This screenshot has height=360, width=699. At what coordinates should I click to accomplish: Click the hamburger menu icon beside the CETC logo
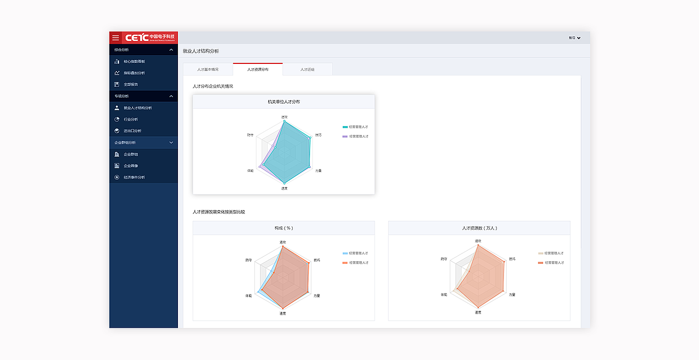pos(115,38)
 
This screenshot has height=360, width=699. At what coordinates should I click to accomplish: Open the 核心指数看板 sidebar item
pos(134,61)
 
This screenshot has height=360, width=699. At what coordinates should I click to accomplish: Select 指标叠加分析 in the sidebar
pos(134,73)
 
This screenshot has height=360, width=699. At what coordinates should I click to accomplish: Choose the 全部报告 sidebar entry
pos(131,84)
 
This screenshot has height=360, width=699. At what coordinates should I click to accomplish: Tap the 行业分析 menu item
pos(131,119)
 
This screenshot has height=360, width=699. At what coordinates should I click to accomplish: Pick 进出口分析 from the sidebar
pos(132,131)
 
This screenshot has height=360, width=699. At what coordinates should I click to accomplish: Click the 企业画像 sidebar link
pos(131,166)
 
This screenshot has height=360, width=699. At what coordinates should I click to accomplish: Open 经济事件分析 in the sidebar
pos(134,177)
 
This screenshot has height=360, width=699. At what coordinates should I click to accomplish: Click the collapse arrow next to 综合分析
pos(171,50)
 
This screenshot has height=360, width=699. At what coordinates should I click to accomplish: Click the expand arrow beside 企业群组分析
pos(171,143)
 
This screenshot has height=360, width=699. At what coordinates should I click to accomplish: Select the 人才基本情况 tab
pos(208,69)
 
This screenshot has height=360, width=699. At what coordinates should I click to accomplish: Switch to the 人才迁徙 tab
pos(307,69)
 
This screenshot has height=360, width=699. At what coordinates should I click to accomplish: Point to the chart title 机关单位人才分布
pos(283,102)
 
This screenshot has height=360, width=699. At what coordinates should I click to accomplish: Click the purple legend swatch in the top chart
pos(345,136)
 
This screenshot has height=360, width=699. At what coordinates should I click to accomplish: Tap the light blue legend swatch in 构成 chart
pos(345,253)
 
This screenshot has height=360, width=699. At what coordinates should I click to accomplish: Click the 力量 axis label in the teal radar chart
pos(318,171)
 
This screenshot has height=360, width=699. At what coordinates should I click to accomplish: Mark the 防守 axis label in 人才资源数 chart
pos(443,259)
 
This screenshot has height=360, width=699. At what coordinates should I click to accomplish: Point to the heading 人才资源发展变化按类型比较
pos(218,211)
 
